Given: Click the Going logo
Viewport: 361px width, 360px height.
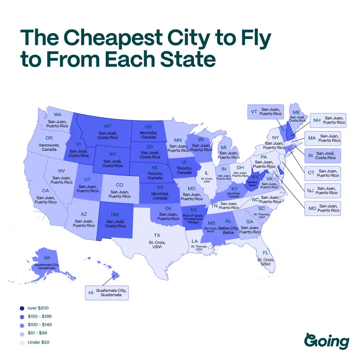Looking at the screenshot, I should tap(327, 341).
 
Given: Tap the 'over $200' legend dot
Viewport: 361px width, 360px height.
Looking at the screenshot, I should tap(22, 308).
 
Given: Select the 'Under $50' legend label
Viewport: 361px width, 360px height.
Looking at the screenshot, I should tap(39, 342).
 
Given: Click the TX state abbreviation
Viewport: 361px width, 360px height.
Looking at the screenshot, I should tap(157, 235).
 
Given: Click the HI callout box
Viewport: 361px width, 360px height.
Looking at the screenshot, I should tap(106, 292).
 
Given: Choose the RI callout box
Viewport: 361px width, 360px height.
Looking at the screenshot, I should tap(322, 155).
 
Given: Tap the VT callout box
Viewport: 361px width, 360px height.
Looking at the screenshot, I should tap(265, 111).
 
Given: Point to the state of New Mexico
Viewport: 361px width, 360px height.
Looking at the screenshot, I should tap(115, 221).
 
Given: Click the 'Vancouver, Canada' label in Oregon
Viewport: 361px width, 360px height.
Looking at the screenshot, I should tap(49, 147).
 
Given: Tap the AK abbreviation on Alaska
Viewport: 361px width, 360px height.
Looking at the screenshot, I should tap(47, 258).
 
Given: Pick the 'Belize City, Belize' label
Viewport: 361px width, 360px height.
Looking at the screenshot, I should tap(228, 231).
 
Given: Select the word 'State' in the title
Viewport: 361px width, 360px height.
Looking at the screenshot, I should tap(186, 60).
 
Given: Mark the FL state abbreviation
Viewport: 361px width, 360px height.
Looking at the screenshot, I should tap(266, 253).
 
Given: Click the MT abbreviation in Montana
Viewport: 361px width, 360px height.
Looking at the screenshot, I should tap(108, 126).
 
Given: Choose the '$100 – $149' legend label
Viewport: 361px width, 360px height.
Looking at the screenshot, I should tap(39, 325).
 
